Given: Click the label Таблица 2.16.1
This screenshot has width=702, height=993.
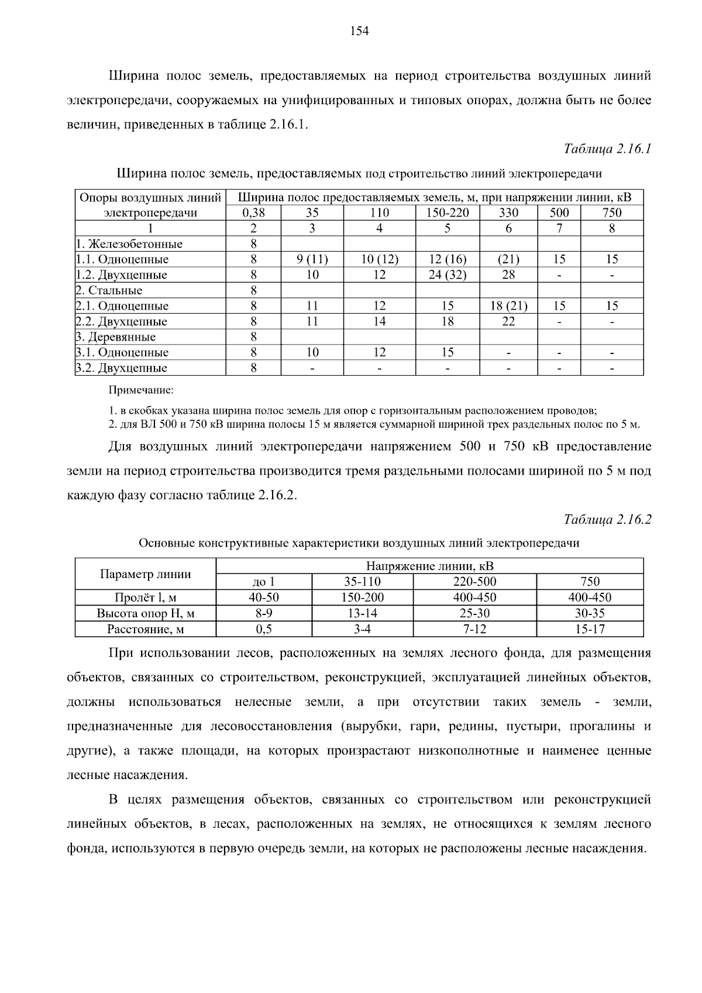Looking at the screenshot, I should tap(607, 149).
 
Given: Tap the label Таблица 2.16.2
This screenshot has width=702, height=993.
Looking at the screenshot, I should tap(607, 519).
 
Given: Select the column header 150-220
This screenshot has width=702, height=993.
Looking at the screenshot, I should tap(448, 213).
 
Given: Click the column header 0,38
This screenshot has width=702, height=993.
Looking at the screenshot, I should tap(253, 213).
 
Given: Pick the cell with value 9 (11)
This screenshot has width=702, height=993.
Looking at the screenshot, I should tap(312, 259).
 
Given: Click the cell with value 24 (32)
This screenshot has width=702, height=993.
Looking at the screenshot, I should tap(448, 275).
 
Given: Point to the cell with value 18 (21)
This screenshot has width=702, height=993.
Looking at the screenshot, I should tap(508, 306).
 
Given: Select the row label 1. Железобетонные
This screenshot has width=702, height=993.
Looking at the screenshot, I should tap(129, 244).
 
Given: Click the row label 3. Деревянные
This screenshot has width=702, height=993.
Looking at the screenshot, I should tap(116, 337).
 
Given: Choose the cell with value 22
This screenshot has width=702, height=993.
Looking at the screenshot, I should tap(508, 322).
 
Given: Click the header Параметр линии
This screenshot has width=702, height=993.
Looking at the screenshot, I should tap(146, 574).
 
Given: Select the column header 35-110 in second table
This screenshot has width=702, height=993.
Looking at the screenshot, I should tap(362, 582).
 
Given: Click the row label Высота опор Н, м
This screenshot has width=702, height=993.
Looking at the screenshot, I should tap(146, 613).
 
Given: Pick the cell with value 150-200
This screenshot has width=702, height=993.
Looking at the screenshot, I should tap(362, 597).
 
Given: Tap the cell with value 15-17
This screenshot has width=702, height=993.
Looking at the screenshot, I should tap(590, 629).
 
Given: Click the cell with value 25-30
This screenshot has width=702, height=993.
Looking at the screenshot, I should tap(474, 613).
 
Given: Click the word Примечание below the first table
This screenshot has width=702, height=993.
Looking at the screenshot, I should tap(141, 390).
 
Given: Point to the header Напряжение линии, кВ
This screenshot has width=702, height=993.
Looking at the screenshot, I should tap(429, 566).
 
